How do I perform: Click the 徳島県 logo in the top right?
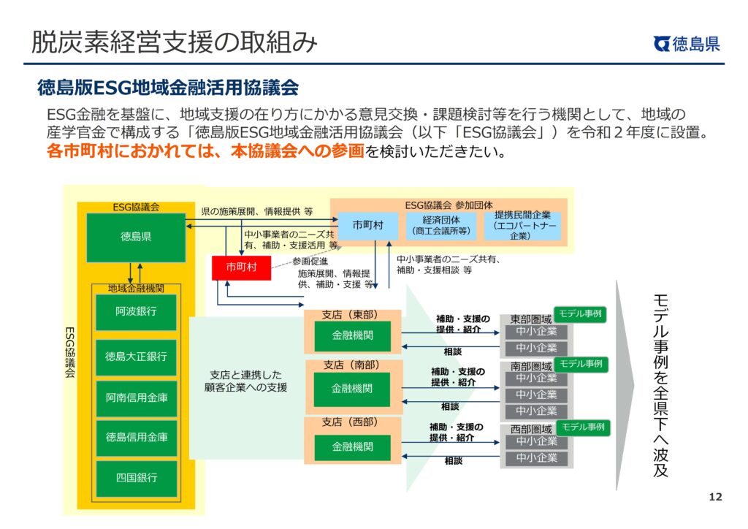pyautogui.click(x=687, y=44)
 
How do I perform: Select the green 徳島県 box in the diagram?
pyautogui.click(x=136, y=237)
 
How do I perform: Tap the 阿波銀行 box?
pyautogui.click(x=136, y=312)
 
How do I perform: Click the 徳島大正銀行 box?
pyautogui.click(x=136, y=357)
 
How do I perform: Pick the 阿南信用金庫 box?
pyautogui.click(x=136, y=397)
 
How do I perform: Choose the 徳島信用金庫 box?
pyautogui.click(x=136, y=437)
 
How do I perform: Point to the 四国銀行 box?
pyautogui.click(x=136, y=478)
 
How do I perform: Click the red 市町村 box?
pyautogui.click(x=241, y=267)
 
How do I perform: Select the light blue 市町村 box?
pyautogui.click(x=367, y=225)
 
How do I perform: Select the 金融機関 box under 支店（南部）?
pyautogui.click(x=352, y=389)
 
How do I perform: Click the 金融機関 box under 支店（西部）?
pyautogui.click(x=352, y=446)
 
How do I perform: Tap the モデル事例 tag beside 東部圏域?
pyautogui.click(x=580, y=314)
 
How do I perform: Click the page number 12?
pyautogui.click(x=715, y=498)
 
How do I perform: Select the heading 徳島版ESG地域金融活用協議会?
pyautogui.click(x=168, y=88)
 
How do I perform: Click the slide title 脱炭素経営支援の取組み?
pyautogui.click(x=174, y=42)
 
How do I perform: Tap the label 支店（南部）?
pyautogui.click(x=351, y=364)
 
